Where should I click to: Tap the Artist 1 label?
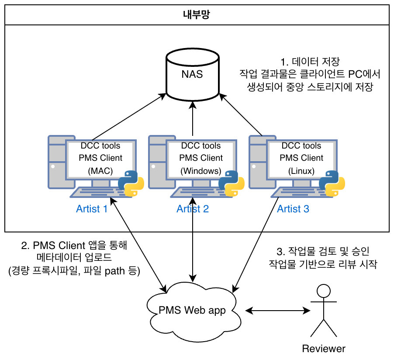pyautogui.click(x=92, y=209)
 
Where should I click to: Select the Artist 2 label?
pyautogui.click(x=193, y=209)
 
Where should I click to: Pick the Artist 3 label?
pyautogui.click(x=293, y=209)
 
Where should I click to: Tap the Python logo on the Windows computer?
pyautogui.click(x=231, y=183)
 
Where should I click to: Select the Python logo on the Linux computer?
pyautogui.click(x=332, y=183)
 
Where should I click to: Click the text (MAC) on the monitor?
pyautogui.click(x=100, y=171)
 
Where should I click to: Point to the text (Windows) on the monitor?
pyautogui.click(x=201, y=171)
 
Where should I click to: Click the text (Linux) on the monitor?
pyautogui.click(x=301, y=171)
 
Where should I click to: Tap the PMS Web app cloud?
pyautogui.click(x=193, y=311)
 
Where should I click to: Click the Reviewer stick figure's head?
pyautogui.click(x=323, y=290)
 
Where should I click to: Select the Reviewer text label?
pyautogui.click(x=324, y=349)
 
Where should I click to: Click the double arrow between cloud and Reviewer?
pyautogui.click(x=275, y=311)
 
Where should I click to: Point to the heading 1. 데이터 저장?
pyautogui.click(x=310, y=61)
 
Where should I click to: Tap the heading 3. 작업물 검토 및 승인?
pyautogui.click(x=323, y=252)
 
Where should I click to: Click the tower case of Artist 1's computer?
pyautogui.click(x=55, y=162)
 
